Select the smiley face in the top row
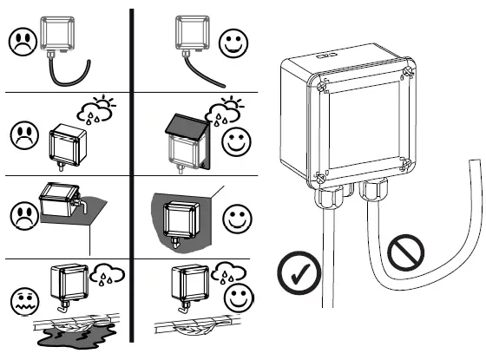pyautogui.click(x=231, y=43)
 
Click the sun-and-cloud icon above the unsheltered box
pyautogui.click(x=95, y=112)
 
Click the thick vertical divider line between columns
pyautogui.click(x=132, y=173)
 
